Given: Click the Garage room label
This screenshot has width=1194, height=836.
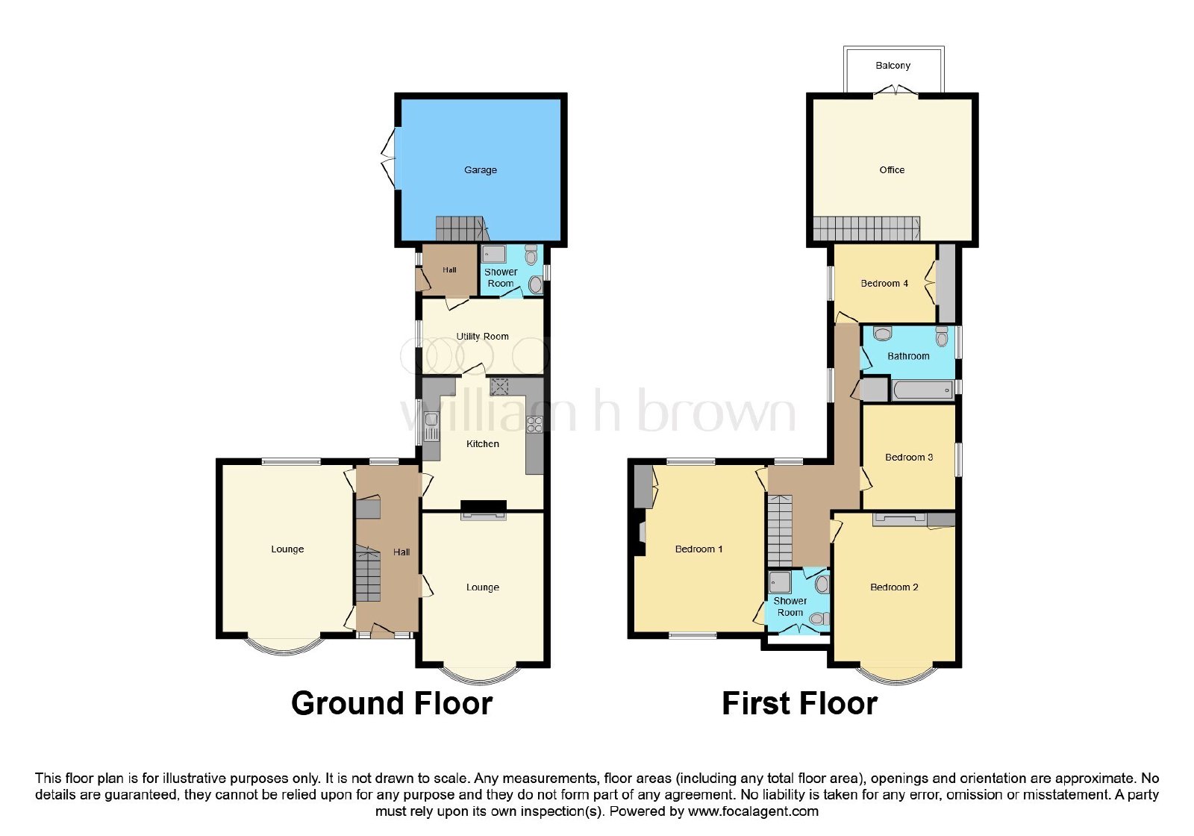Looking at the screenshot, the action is pyautogui.click(x=481, y=170).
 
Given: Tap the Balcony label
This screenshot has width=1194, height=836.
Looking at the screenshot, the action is pyautogui.click(x=893, y=66).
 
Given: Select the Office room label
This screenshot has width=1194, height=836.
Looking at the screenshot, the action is pyautogui.click(x=892, y=170).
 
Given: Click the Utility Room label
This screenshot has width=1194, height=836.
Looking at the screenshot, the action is pyautogui.click(x=482, y=337).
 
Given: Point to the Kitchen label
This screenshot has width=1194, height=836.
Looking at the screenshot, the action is pyautogui.click(x=482, y=443).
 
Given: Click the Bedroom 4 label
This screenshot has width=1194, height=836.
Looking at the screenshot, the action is pyautogui.click(x=884, y=283).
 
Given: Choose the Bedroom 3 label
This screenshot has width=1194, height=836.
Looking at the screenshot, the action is pyautogui.click(x=909, y=457).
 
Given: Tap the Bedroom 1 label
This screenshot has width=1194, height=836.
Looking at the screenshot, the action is pyautogui.click(x=698, y=549).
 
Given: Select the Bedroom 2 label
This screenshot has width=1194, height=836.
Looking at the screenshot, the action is pyautogui.click(x=894, y=587).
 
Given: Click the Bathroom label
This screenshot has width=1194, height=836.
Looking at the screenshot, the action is pyautogui.click(x=908, y=355).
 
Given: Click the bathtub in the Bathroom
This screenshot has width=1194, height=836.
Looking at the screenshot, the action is pyautogui.click(x=922, y=390).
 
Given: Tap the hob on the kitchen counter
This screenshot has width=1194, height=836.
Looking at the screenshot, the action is pyautogui.click(x=534, y=425).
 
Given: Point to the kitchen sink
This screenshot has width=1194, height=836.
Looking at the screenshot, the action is pyautogui.click(x=431, y=426).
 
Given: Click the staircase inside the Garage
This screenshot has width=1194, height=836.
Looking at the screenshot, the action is pyautogui.click(x=462, y=228).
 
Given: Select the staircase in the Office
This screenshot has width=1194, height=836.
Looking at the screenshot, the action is pyautogui.click(x=866, y=228).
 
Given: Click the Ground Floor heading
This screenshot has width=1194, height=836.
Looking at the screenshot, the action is pyautogui.click(x=392, y=703).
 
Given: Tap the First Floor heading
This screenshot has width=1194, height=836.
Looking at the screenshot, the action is pyautogui.click(x=799, y=703).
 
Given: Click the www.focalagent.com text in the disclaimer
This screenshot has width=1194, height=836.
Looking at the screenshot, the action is pyautogui.click(x=753, y=811).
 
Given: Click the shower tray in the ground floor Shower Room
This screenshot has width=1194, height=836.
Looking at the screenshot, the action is pyautogui.click(x=494, y=254).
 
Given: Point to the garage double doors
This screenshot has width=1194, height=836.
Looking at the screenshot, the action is pyautogui.click(x=389, y=157).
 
